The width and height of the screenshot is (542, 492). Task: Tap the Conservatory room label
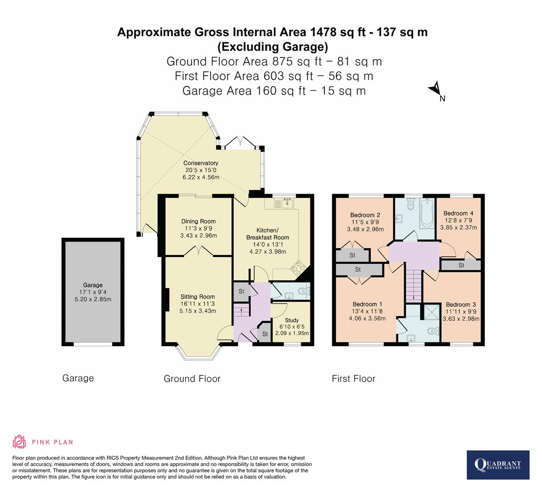[x=201, y=163]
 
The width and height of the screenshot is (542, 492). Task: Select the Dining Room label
[x=198, y=221]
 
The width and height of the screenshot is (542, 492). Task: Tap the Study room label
[x=292, y=321]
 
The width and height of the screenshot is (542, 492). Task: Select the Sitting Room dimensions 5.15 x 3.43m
[x=198, y=311]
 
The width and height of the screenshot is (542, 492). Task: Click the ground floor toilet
[x=303, y=290]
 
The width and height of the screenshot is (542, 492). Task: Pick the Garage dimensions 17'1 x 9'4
[x=92, y=292]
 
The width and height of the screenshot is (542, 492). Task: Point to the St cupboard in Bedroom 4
[x=461, y=265]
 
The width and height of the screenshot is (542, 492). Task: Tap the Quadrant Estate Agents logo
[x=498, y=465]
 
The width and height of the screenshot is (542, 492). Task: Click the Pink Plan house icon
[x=20, y=441]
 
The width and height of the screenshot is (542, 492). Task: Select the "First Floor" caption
[x=354, y=379]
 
